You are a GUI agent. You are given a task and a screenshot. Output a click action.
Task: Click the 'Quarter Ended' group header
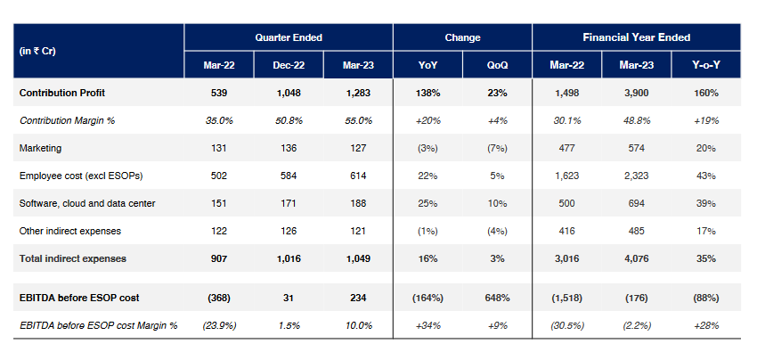(289, 37)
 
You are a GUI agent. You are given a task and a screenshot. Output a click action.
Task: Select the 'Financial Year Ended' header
(636, 37)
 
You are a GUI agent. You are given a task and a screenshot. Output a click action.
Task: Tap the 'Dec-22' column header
(289, 65)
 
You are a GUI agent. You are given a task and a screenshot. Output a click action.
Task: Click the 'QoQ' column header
(497, 65)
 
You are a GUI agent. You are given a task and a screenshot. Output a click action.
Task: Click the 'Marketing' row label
(40, 148)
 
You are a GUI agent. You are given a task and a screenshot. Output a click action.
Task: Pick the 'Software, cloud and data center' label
(87, 203)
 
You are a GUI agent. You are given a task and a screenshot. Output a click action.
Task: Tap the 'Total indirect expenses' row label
(72, 258)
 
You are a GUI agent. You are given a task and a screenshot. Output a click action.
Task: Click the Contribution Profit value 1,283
(358, 93)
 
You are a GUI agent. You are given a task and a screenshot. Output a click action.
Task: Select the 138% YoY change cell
(427, 93)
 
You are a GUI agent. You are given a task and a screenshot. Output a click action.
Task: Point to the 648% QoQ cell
(497, 299)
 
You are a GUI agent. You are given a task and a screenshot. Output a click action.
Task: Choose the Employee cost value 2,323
(636, 176)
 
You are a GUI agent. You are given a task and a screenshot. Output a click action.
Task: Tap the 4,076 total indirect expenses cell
(636, 258)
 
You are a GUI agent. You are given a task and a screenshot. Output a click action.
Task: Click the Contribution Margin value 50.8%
(289, 120)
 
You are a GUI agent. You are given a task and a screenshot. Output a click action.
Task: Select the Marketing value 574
(636, 148)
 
